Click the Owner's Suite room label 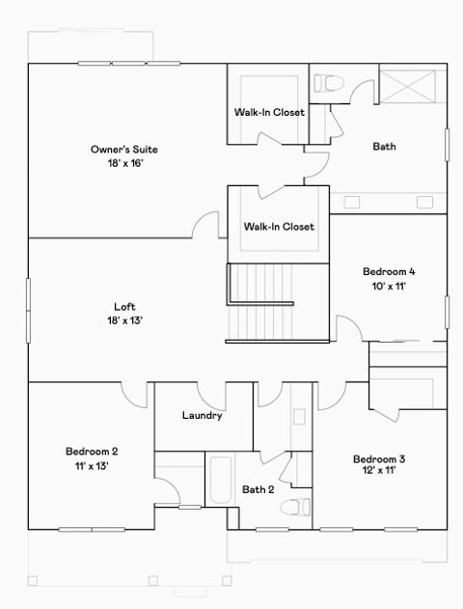pyautogui.click(x=124, y=150)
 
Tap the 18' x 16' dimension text pyautogui.click(x=124, y=164)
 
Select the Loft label pyautogui.click(x=125, y=307)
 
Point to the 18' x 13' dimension pyautogui.click(x=125, y=320)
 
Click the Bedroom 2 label pyautogui.click(x=92, y=451)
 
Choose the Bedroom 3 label pyautogui.click(x=378, y=458)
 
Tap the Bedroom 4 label pyautogui.click(x=389, y=271)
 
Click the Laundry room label pyautogui.click(x=203, y=416)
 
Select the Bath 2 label pyautogui.click(x=259, y=489)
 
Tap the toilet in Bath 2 pyautogui.click(x=302, y=506)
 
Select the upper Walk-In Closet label pyautogui.click(x=269, y=113)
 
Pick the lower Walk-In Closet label pyautogui.click(x=279, y=227)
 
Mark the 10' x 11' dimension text pyautogui.click(x=389, y=286)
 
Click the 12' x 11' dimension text pyautogui.click(x=378, y=472)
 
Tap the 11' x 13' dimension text pyautogui.click(x=92, y=465)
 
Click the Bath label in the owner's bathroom pyautogui.click(x=385, y=147)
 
